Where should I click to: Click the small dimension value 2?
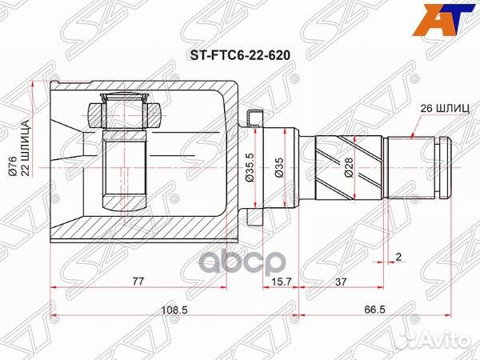tap(398, 258)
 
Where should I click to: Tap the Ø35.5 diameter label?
tap(250, 170)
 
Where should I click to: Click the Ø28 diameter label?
tap(348, 170)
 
